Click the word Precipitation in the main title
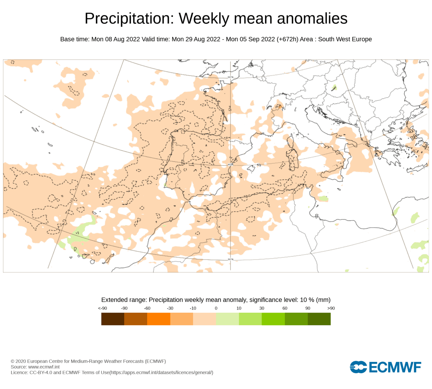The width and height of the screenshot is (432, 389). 129,19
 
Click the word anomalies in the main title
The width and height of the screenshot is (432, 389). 312,18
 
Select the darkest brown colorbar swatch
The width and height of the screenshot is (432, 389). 113,319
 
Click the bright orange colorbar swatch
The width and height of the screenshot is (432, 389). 159,319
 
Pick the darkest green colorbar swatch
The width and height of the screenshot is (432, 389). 319,319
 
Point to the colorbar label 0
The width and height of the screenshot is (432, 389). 216,308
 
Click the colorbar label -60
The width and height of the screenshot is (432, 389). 147,308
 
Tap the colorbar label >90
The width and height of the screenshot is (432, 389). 331,308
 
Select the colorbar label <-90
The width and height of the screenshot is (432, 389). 103,308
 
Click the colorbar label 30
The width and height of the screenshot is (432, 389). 262,308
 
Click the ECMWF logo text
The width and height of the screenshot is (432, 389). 395,367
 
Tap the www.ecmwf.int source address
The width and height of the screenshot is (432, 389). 44,367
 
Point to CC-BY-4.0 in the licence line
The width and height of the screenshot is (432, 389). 41,372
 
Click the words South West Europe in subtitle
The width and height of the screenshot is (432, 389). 345,39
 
